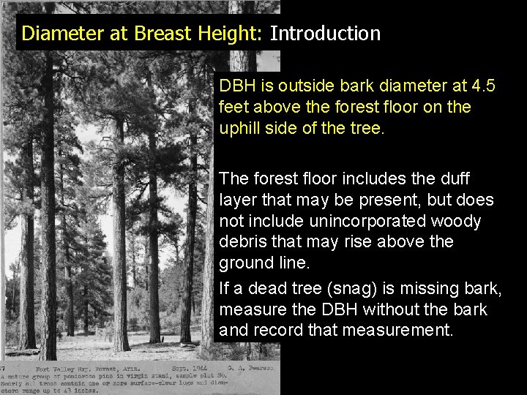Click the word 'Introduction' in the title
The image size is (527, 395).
click(x=325, y=34)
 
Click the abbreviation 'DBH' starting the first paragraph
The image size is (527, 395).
click(x=236, y=86)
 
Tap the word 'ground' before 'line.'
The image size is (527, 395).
click(x=244, y=262)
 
